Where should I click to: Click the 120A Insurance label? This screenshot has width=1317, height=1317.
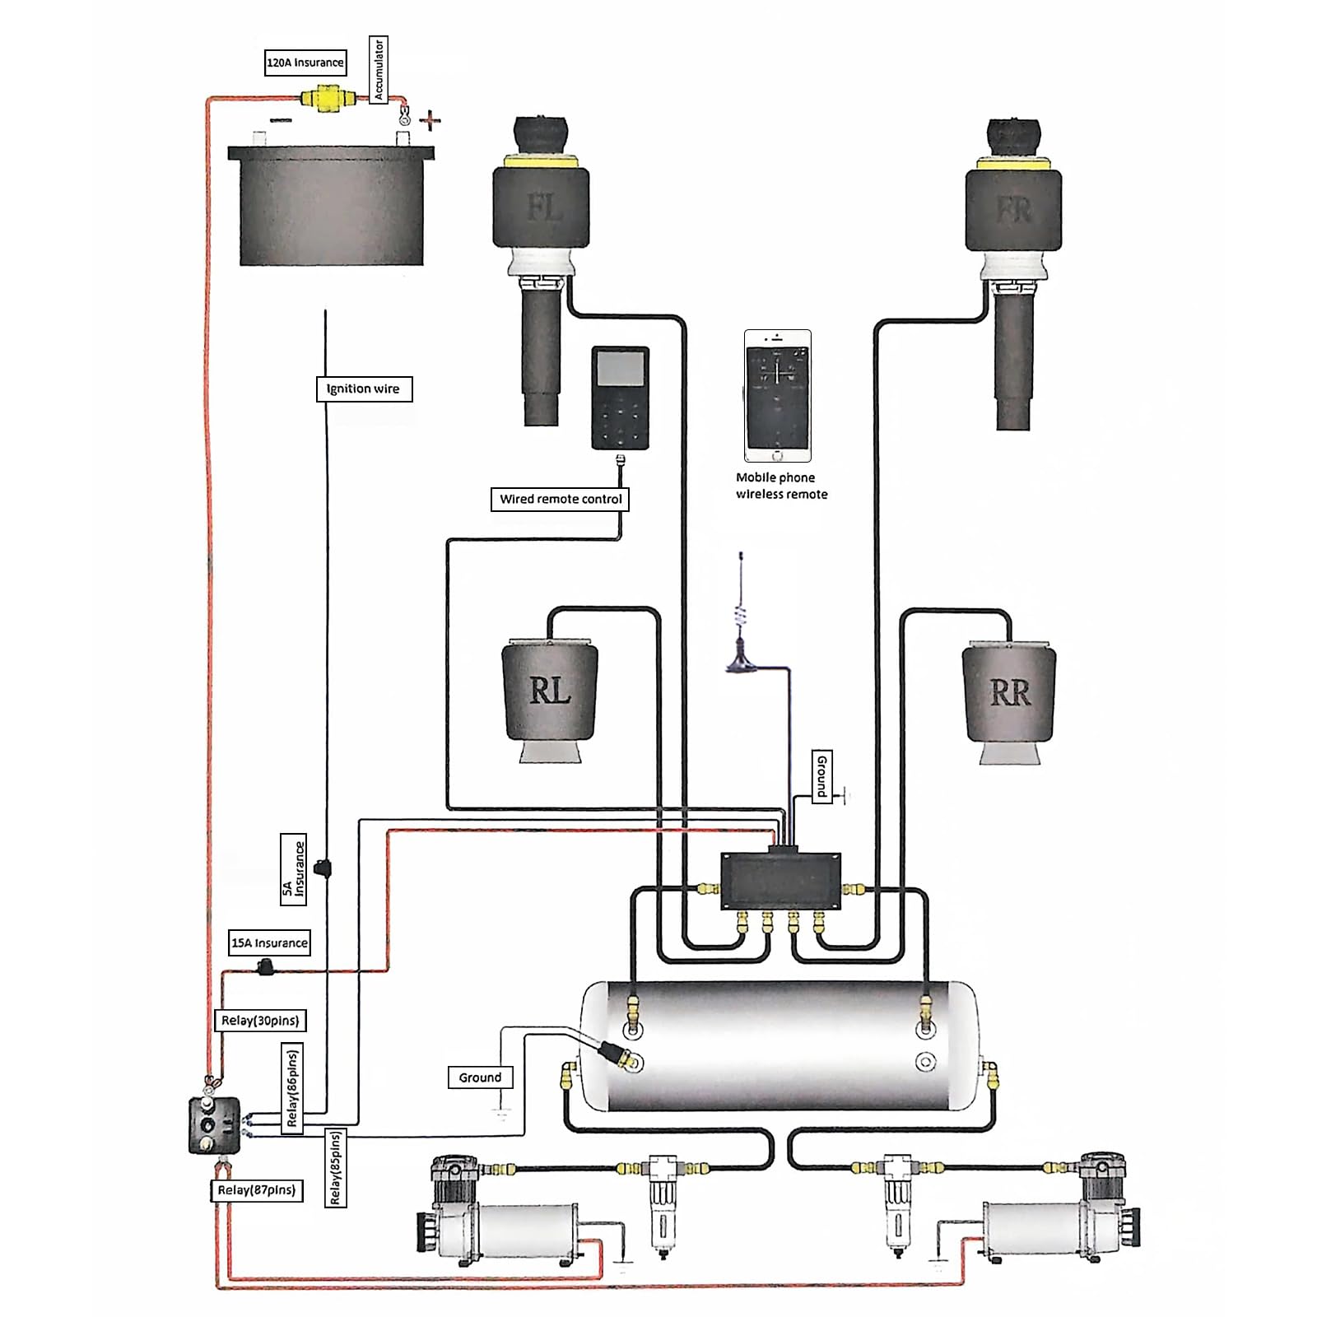tap(305, 63)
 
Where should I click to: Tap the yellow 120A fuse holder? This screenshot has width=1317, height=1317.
tap(323, 98)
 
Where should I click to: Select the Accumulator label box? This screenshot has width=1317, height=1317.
tap(379, 70)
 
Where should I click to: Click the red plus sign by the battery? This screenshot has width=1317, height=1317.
tap(430, 122)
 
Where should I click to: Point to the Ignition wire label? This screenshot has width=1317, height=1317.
tap(363, 389)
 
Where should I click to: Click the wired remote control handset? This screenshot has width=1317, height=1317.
tap(620, 398)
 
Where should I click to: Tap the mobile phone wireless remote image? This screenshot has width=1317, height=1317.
tap(778, 396)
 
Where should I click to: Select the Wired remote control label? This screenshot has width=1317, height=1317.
tap(560, 499)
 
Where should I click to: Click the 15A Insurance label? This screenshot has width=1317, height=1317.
tap(269, 942)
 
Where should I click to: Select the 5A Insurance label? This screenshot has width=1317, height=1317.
tap(293, 869)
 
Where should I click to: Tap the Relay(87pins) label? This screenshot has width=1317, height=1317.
tap(256, 1190)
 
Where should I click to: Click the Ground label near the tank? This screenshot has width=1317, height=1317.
tap(480, 1077)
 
